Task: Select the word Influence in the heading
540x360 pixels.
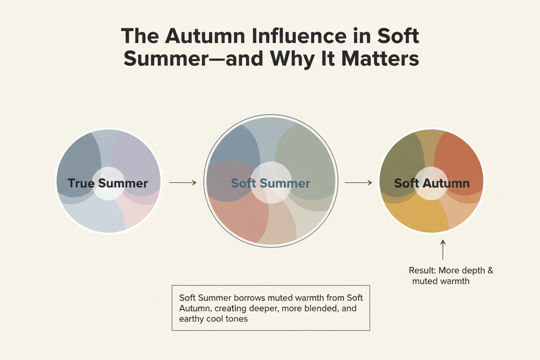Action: [302, 36]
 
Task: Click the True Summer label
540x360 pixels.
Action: [108, 183]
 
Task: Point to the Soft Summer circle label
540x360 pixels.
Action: [270, 183]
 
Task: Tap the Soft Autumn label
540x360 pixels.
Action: [432, 183]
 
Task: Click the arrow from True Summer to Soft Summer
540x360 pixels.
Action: [182, 183]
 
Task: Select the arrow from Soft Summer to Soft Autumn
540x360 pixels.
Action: [358, 183]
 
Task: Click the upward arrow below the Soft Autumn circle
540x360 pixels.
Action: [443, 250]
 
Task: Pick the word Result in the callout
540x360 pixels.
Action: [421, 271]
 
